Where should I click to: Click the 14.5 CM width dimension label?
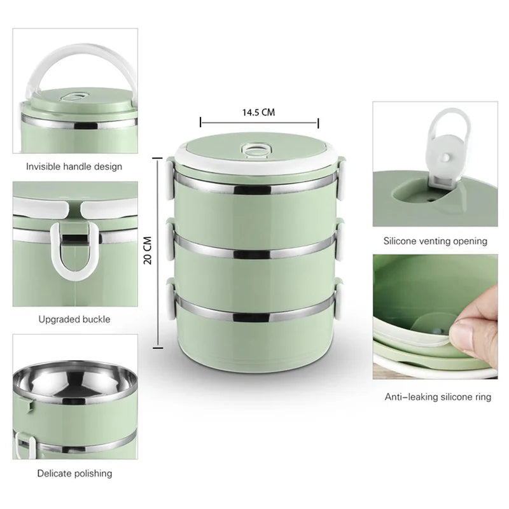point(258,113)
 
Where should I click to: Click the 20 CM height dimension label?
point(148,250)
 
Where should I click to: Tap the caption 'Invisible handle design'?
point(74,167)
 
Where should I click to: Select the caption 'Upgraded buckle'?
point(74,319)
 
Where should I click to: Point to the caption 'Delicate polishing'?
point(74,473)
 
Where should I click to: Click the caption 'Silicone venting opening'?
point(435,241)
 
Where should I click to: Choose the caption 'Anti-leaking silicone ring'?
point(438,396)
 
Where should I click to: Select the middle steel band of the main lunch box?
point(256,249)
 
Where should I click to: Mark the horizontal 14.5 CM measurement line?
point(260,123)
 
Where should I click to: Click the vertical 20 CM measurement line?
point(158,253)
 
